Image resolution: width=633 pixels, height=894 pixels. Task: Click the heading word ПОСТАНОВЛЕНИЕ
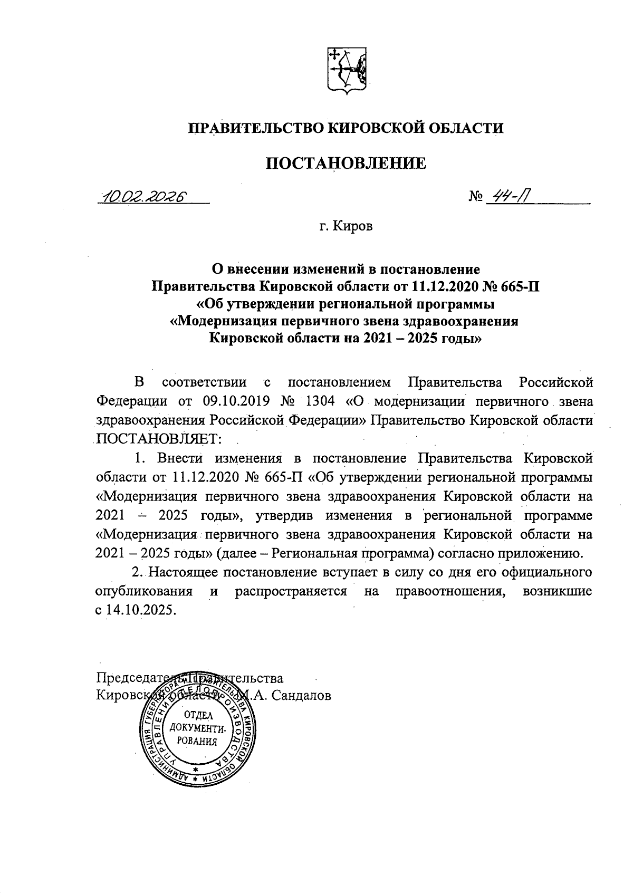pyautogui.click(x=346, y=164)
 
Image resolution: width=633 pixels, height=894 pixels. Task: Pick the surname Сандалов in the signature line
pyautogui.click(x=301, y=696)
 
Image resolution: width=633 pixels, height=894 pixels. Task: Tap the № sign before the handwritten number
pyautogui.click(x=476, y=198)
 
